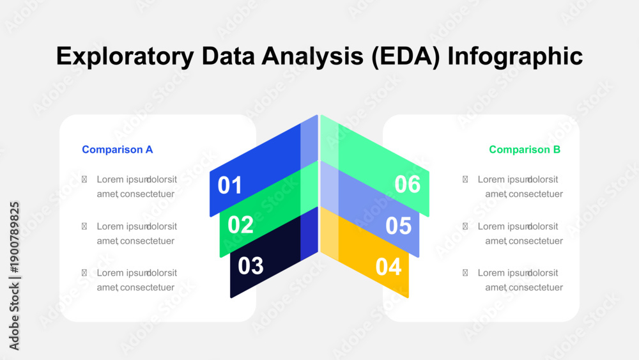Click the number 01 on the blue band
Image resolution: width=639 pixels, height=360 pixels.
tap(230, 185)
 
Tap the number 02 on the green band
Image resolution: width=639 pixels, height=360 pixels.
tap(240, 224)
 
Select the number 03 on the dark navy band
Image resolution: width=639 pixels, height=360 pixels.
tap(250, 265)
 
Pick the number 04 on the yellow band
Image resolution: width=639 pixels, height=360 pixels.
tap(389, 267)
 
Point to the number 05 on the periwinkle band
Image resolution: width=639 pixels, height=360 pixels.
tap(399, 226)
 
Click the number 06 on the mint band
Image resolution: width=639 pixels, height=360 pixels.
tap(408, 184)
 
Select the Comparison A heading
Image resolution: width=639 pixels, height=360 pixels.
tap(118, 150)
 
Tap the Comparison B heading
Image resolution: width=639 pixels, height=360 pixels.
tap(525, 150)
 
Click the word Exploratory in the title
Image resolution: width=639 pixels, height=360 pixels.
tap(125, 56)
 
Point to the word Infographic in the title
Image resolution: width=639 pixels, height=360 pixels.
tap(515, 56)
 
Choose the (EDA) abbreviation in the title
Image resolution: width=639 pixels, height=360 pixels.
tap(406, 56)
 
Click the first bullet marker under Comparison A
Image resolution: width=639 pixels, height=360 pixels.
tap(84, 180)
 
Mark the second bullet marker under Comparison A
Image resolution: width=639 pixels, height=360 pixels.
tap(84, 226)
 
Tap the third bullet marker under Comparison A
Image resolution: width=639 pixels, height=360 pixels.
tap(84, 273)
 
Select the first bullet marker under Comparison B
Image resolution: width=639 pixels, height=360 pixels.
tap(465, 180)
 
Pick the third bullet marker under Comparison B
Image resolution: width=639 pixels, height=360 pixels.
tap(465, 273)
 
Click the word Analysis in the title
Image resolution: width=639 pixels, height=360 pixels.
tap(312, 56)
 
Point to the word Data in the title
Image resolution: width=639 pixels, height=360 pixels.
tap(228, 56)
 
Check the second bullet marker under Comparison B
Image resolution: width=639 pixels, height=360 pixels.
tap(465, 226)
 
